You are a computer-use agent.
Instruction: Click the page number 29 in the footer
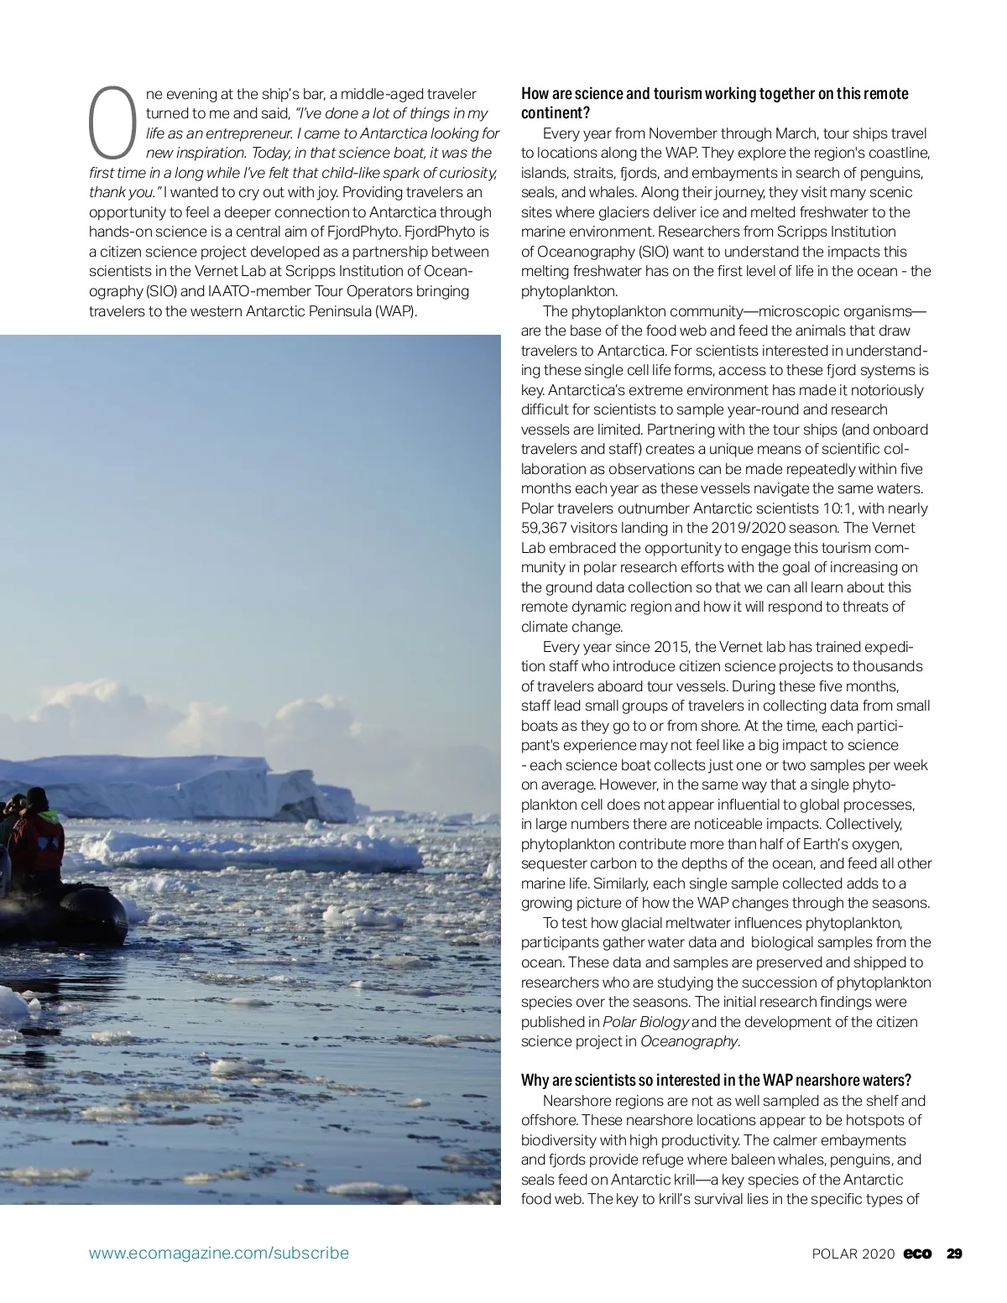955,1253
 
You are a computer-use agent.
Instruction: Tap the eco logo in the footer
919,1253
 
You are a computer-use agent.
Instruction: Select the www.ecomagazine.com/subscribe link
219,1253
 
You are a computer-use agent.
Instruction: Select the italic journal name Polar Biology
646,1022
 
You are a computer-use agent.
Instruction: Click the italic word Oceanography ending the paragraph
689,1041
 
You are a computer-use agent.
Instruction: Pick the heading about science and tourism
714,102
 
